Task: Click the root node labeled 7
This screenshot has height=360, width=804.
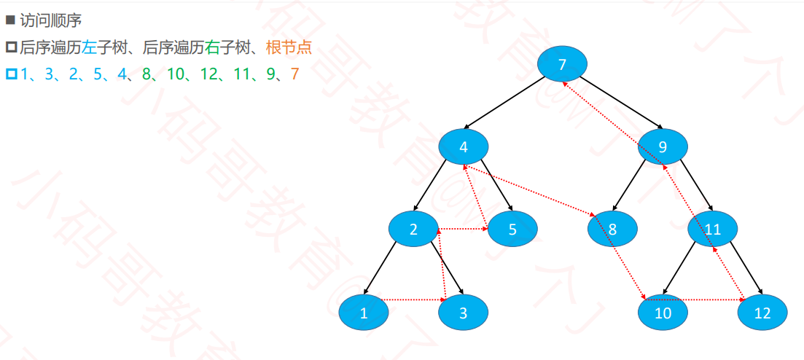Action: (562, 64)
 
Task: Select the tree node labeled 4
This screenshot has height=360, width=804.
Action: (463, 147)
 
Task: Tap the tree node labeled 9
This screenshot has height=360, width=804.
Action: (663, 147)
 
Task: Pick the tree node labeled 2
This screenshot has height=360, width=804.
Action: (413, 230)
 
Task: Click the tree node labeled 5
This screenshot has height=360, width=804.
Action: (512, 230)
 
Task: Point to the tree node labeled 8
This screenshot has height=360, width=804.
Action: (612, 230)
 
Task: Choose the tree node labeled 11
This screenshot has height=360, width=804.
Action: (712, 230)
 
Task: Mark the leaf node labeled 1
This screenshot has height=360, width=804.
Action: (364, 313)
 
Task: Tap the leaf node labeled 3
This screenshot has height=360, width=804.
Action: (463, 313)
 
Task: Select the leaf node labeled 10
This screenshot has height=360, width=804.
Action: (663, 313)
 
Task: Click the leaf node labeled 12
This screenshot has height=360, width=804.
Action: (762, 313)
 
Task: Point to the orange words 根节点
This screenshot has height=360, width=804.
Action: (289, 48)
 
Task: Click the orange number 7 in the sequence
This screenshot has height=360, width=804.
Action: (294, 74)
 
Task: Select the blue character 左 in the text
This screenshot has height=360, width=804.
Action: (89, 48)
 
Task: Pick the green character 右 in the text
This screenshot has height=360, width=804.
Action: (212, 48)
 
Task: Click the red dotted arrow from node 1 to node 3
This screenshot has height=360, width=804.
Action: (413, 299)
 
